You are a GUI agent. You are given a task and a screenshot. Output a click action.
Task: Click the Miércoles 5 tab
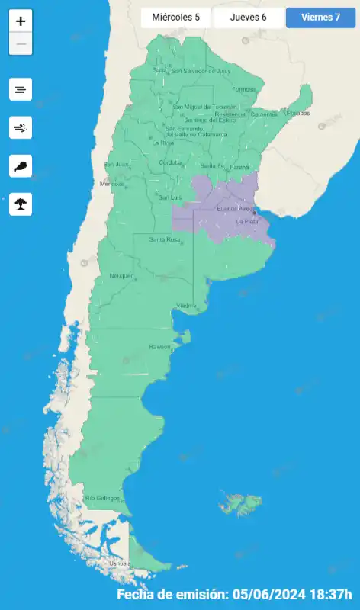point(175,18)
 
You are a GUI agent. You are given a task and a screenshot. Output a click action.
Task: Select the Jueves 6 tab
point(248,18)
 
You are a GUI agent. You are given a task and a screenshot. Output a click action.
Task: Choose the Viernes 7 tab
point(320,18)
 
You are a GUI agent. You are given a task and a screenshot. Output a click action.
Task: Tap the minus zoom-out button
point(21,44)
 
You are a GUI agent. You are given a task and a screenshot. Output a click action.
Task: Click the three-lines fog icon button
point(21,89)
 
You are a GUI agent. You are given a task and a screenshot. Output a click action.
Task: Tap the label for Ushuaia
point(120,563)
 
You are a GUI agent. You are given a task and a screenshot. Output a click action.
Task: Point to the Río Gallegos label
point(102,498)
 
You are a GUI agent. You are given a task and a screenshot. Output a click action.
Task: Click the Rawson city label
point(160,347)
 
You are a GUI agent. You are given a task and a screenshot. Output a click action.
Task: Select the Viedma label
point(186,306)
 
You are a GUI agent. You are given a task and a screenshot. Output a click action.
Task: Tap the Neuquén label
point(121,275)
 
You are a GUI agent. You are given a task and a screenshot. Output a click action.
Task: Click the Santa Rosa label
point(164,239)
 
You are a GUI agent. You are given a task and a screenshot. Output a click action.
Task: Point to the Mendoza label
point(111,184)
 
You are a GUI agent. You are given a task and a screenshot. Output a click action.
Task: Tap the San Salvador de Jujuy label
point(200,71)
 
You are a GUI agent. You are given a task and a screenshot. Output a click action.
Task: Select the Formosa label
point(244,89)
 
